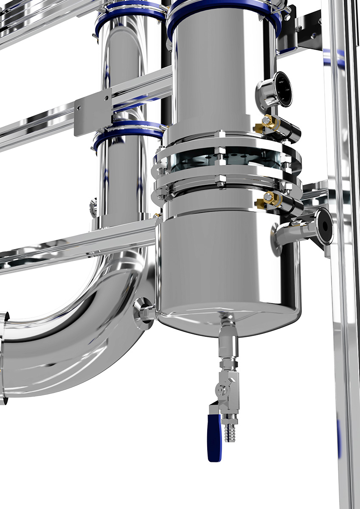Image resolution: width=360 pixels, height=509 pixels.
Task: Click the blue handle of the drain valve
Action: pyautogui.click(x=214, y=437)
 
